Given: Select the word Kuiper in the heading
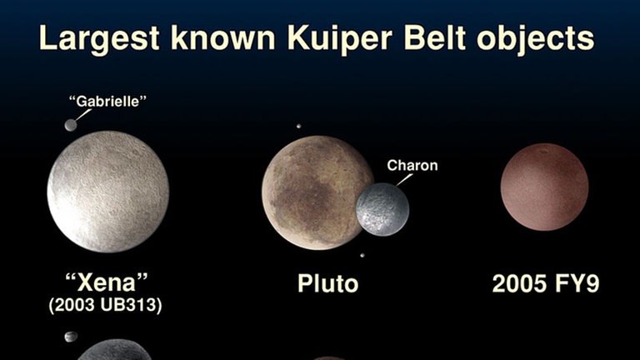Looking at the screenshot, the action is (340, 38).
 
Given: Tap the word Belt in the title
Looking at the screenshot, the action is (435, 37).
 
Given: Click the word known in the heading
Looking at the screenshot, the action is (223, 37).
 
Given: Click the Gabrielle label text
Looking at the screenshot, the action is (107, 101).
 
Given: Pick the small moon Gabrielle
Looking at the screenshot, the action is (71, 125).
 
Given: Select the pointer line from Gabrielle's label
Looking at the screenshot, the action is (83, 115).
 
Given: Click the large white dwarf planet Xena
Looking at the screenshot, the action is (108, 192).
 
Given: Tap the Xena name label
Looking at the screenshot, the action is (107, 282).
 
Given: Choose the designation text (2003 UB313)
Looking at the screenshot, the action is (105, 305).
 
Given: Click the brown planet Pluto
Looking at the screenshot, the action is (314, 192).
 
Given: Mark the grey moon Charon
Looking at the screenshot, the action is (382, 209).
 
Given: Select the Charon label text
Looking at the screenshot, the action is (412, 165).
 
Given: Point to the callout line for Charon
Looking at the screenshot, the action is (404, 180).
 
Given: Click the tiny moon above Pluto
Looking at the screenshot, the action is (299, 126).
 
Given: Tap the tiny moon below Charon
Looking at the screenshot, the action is (362, 256).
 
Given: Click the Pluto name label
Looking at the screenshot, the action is (327, 283).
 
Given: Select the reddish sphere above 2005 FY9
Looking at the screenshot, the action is (544, 187).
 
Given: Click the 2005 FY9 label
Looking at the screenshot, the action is (546, 283).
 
